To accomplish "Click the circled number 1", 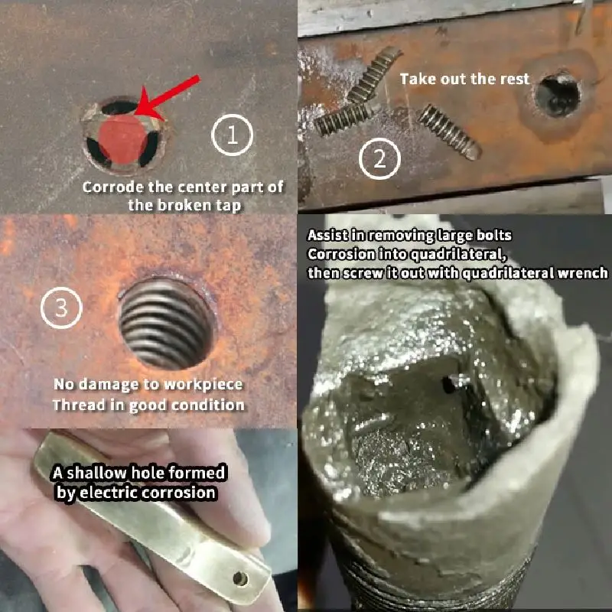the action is point(233,135).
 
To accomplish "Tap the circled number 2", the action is point(379,159).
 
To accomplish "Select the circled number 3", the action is point(61,308).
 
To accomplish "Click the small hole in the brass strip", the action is point(240,578).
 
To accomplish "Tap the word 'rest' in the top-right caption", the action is point(515,80).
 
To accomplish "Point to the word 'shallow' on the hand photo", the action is point(98,473).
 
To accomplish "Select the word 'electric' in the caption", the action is point(108,493).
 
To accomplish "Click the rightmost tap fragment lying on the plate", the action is point(449,132).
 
